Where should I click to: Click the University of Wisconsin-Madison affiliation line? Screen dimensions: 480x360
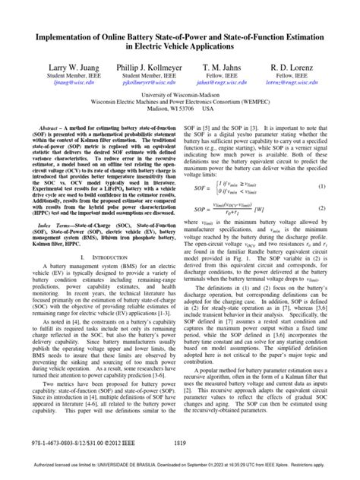click(x=179, y=97)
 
